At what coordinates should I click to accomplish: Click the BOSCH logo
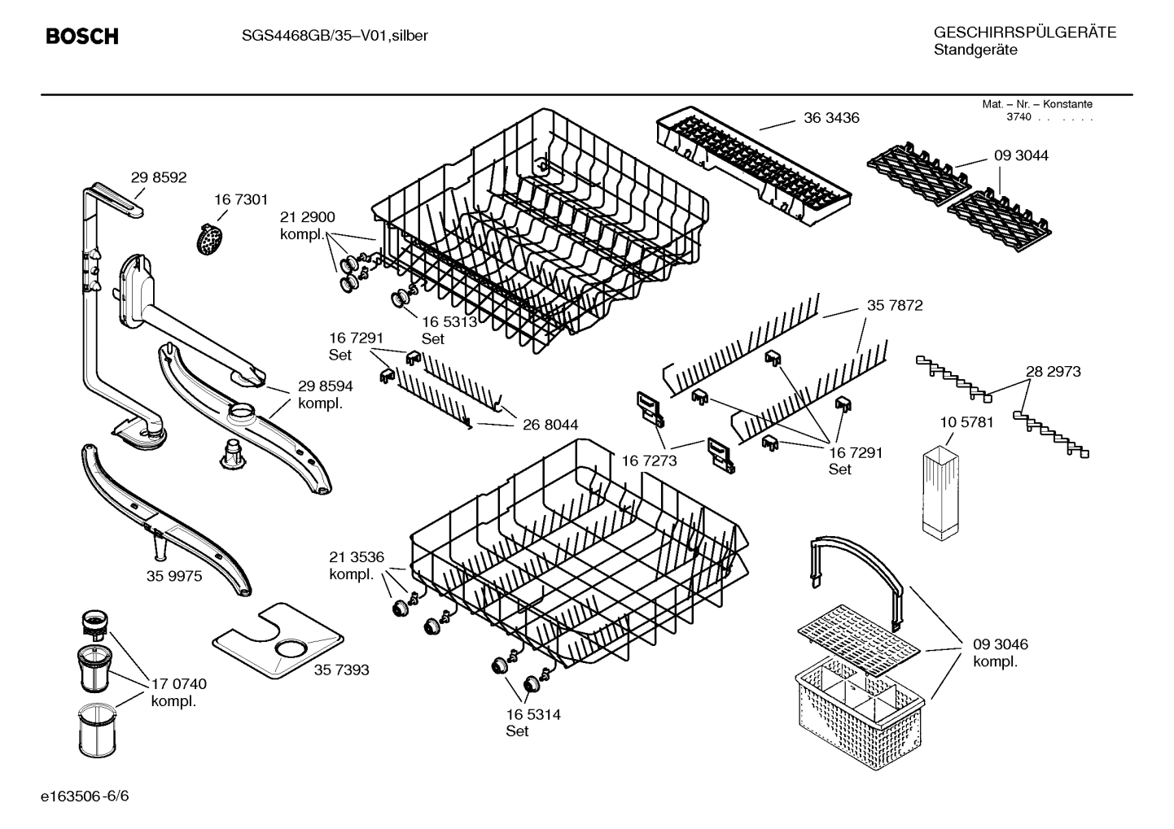tap(82, 37)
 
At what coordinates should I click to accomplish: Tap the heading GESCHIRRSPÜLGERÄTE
tap(1024, 33)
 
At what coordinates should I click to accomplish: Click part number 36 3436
tap(831, 118)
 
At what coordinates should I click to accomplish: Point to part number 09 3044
tap(1021, 155)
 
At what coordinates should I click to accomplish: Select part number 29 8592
tap(159, 177)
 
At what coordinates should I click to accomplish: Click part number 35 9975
tap(174, 576)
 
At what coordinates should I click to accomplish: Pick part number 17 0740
tap(178, 684)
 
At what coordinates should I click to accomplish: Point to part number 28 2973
tap(1053, 372)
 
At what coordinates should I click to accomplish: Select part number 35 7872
tap(895, 306)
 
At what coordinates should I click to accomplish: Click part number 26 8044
tap(550, 425)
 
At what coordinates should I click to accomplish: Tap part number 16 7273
tap(649, 461)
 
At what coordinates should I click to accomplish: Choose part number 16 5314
tap(532, 714)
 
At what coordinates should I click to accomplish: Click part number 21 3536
tap(356, 557)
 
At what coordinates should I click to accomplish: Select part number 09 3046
tap(1000, 644)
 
